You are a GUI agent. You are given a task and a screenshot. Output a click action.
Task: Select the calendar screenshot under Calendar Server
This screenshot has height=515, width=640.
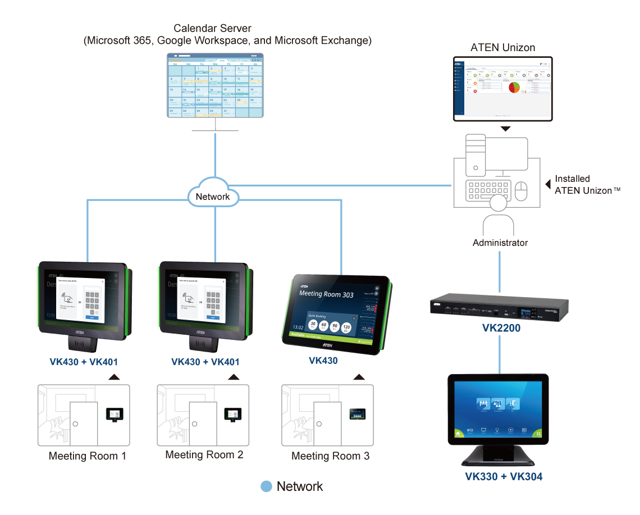[x=216, y=85]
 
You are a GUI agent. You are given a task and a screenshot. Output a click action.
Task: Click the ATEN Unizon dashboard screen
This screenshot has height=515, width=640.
[x=503, y=88]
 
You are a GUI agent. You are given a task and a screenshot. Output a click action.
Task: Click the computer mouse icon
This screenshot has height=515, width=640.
[x=522, y=191]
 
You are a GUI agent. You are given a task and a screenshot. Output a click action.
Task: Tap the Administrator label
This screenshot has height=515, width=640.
[x=500, y=243]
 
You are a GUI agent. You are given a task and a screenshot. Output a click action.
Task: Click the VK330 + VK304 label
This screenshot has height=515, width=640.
[x=504, y=477]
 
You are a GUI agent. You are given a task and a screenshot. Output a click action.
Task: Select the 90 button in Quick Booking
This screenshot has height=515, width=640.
[x=335, y=327]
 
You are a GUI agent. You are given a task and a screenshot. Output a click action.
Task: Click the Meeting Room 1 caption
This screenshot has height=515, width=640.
[x=88, y=456]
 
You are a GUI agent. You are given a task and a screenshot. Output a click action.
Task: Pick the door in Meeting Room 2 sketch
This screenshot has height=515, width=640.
[x=202, y=422]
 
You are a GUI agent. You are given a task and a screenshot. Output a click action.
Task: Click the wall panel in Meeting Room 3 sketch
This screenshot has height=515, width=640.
[x=356, y=414]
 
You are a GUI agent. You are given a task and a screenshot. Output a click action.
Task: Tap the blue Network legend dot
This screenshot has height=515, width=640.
[x=267, y=486]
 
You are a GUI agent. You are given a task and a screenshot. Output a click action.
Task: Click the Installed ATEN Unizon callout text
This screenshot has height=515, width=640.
[x=584, y=185]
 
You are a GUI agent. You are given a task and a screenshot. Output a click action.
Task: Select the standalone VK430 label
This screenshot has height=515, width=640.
[x=323, y=361]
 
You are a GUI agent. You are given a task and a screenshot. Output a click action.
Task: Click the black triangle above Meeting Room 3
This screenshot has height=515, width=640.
[x=358, y=377]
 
